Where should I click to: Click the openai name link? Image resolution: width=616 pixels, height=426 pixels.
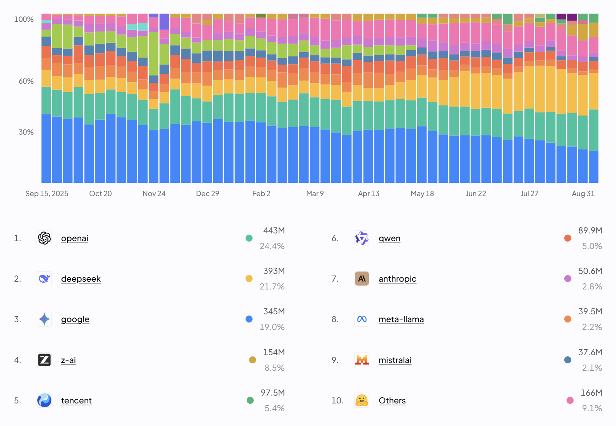coord(75,238)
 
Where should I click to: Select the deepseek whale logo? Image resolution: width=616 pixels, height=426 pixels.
coord(44,279)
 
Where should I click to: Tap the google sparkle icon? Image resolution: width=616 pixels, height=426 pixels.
coord(44,319)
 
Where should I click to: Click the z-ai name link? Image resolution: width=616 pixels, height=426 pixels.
coord(68,360)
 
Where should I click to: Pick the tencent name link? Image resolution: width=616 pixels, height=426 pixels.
coord(76,400)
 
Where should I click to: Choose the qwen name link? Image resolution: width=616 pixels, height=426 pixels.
coord(390,238)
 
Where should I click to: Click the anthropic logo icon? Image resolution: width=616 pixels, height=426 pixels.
coord(362,279)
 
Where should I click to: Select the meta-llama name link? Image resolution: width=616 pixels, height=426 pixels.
coord(401,319)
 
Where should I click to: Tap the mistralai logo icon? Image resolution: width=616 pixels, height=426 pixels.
coord(362,360)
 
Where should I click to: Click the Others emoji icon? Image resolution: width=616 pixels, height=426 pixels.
coord(362,400)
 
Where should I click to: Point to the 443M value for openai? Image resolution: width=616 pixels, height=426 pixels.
coord(274,230)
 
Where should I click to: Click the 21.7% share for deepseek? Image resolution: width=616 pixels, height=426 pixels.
coord(272,287)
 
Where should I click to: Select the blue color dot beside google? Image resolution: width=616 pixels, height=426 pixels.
coord(249,319)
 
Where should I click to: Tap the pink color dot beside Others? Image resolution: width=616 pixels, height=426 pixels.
coord(570,400)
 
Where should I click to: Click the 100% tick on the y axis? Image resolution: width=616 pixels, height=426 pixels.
coord(24,19)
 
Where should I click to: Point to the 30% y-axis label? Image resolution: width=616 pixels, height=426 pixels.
coord(26,132)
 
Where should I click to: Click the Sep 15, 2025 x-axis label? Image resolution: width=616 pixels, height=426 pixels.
coord(47,194)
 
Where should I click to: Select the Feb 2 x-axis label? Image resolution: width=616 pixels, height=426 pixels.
coord(261,194)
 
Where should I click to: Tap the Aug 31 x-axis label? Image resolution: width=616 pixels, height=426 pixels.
coord(583,194)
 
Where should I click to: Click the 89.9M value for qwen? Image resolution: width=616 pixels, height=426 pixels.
coord(590,230)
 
